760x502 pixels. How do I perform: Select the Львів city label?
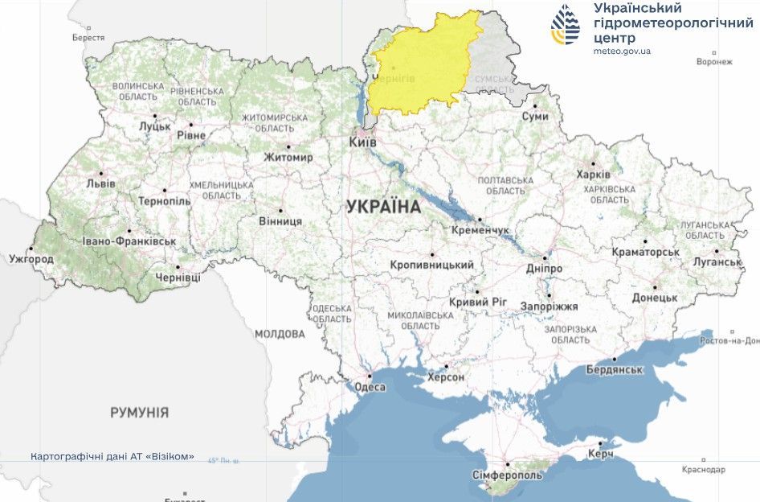(x=100, y=183)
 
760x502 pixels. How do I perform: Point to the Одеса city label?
(x=370, y=387)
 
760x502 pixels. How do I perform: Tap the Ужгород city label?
(x=31, y=260)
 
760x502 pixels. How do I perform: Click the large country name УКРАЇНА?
(x=383, y=207)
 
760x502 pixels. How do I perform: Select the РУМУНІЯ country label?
(x=139, y=413)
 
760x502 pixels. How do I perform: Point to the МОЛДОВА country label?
(x=280, y=334)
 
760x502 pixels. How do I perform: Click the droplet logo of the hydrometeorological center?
(x=565, y=24)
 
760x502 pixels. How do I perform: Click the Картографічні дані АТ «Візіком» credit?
(x=112, y=456)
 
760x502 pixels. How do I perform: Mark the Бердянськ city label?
(x=615, y=370)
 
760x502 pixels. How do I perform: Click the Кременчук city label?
(x=480, y=230)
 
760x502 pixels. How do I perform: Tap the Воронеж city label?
(x=714, y=61)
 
